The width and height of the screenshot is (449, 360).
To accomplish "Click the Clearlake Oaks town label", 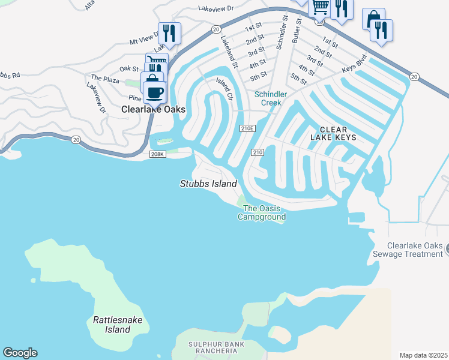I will pyautogui.click(x=153, y=110).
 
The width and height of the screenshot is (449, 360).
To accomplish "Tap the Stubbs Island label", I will pyautogui.click(x=208, y=184).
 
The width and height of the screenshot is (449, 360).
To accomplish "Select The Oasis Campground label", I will pyautogui.click(x=261, y=212).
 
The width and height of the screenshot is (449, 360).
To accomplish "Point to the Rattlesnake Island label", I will pyautogui.click(x=118, y=325).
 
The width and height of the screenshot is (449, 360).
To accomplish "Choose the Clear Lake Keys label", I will pyautogui.click(x=337, y=133).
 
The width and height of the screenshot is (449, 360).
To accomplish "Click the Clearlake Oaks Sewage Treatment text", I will pyautogui.click(x=415, y=250).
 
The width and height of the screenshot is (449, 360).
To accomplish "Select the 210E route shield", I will pyautogui.click(x=247, y=128).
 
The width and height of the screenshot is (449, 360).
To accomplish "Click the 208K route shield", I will pyautogui.click(x=157, y=155).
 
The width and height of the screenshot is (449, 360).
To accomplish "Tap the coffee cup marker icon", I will pyautogui.click(x=154, y=92).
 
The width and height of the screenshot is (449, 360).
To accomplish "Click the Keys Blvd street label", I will pyautogui.click(x=354, y=65).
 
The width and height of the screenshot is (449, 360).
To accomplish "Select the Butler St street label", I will pyautogui.click(x=296, y=31).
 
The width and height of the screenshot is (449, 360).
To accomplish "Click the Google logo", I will pyautogui.click(x=20, y=353).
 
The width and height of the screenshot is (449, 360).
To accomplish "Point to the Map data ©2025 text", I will pyautogui.click(x=423, y=355).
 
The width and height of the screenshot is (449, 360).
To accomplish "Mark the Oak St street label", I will pyautogui.click(x=129, y=69).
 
